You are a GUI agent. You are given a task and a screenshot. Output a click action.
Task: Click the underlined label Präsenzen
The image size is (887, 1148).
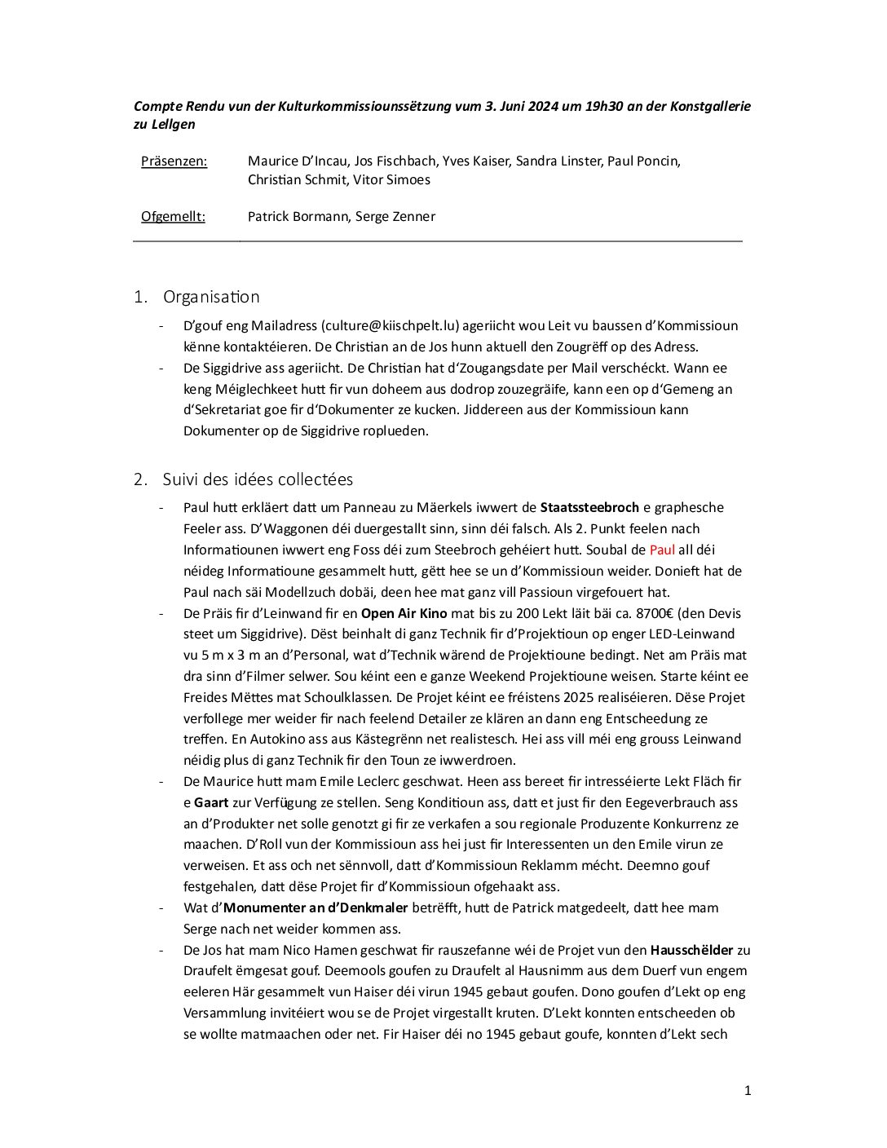coord(174,161)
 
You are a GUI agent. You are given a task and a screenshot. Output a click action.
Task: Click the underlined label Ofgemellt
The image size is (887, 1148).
coord(173,217)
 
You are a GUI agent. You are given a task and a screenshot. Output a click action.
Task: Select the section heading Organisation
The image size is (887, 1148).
coord(211,297)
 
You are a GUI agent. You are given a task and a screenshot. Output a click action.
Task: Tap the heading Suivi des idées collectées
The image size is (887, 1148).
coord(258,479)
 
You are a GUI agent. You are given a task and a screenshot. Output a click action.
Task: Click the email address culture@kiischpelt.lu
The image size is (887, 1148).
coord(391,326)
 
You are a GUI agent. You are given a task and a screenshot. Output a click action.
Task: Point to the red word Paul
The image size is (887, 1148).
coord(662,550)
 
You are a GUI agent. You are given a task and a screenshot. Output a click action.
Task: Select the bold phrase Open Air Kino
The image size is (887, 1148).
coord(404,614)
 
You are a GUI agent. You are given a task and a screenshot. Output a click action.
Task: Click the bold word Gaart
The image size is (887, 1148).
coord(211,803)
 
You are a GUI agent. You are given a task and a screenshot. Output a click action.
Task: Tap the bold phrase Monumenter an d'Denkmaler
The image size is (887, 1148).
coord(316,908)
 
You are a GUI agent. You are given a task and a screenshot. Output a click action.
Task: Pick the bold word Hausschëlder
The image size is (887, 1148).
coord(691,951)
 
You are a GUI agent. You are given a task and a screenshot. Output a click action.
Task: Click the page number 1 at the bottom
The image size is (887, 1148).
coord(748,1091)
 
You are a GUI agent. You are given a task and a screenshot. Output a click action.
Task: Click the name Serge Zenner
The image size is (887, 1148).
coord(395,217)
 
